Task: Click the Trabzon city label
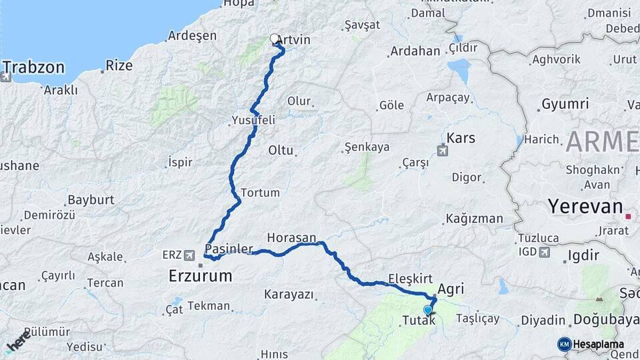pyautogui.click(x=34, y=67)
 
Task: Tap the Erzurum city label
pyautogui.click(x=199, y=275)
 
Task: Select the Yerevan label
pyautogui.click(x=585, y=206)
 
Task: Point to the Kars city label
pyautogui.click(x=461, y=138)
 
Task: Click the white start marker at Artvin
pyautogui.click(x=275, y=39)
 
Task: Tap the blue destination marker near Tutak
pyautogui.click(x=427, y=309)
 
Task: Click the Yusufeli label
pyautogui.click(x=253, y=120)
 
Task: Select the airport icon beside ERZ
pyautogui.click(x=190, y=255)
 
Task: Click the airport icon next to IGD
pyautogui.click(x=544, y=252)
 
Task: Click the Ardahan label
pyautogui.click(x=415, y=51)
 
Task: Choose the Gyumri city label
pyautogui.click(x=565, y=104)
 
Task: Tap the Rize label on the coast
pyautogui.click(x=119, y=66)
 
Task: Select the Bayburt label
pyautogui.click(x=91, y=199)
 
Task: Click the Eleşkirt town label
pyautogui.click(x=410, y=279)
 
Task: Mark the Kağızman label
pyautogui.click(x=475, y=218)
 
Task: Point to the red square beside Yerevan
pyautogui.click(x=627, y=216)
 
